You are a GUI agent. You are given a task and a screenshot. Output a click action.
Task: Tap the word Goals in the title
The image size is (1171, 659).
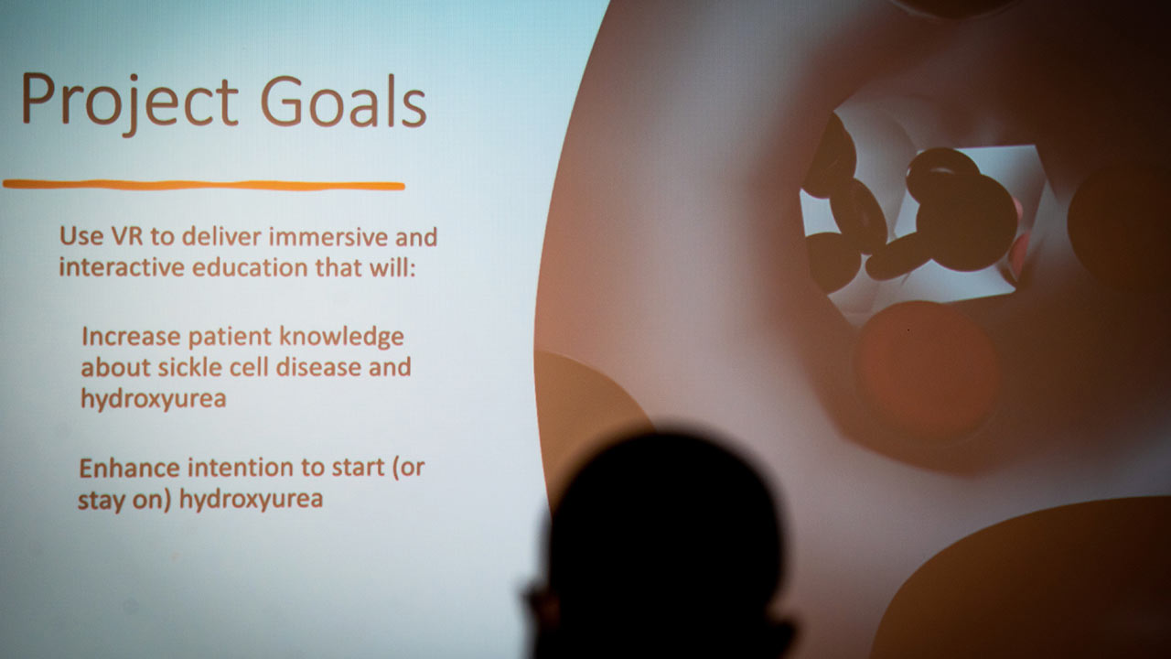[x=343, y=100]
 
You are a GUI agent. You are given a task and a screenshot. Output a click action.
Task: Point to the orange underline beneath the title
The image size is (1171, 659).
[x=204, y=185]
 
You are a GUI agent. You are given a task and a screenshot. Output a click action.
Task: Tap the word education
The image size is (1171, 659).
[x=250, y=267]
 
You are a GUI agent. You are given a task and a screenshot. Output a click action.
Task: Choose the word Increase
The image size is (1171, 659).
[x=131, y=336]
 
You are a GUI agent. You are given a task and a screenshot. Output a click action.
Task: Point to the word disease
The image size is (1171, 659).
[x=318, y=367]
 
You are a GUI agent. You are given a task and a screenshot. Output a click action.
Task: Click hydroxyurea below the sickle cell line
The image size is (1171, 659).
[x=154, y=399]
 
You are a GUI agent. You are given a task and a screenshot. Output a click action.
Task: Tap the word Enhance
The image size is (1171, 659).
[x=130, y=468]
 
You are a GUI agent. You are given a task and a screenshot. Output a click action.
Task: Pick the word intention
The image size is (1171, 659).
[x=241, y=468]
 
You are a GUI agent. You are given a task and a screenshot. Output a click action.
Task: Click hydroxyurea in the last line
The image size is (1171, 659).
[x=252, y=500]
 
